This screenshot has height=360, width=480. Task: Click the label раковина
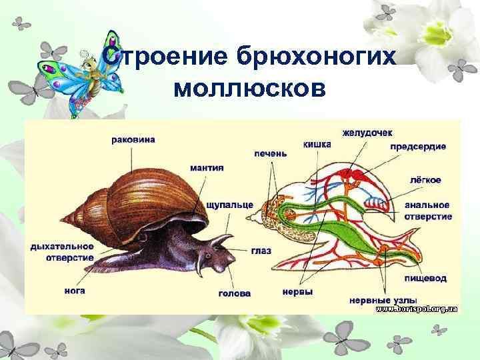[133, 140]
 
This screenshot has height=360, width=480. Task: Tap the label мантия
[206, 168]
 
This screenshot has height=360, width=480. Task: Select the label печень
[271, 153]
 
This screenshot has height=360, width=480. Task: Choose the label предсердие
[418, 147]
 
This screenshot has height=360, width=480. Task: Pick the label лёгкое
[425, 180]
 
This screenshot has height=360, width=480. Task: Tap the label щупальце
[229, 204]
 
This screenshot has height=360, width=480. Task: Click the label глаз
[261, 250]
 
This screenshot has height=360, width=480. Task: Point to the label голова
[235, 293]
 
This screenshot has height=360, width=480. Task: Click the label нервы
[297, 291]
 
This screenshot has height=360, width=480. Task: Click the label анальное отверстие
[427, 211]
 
